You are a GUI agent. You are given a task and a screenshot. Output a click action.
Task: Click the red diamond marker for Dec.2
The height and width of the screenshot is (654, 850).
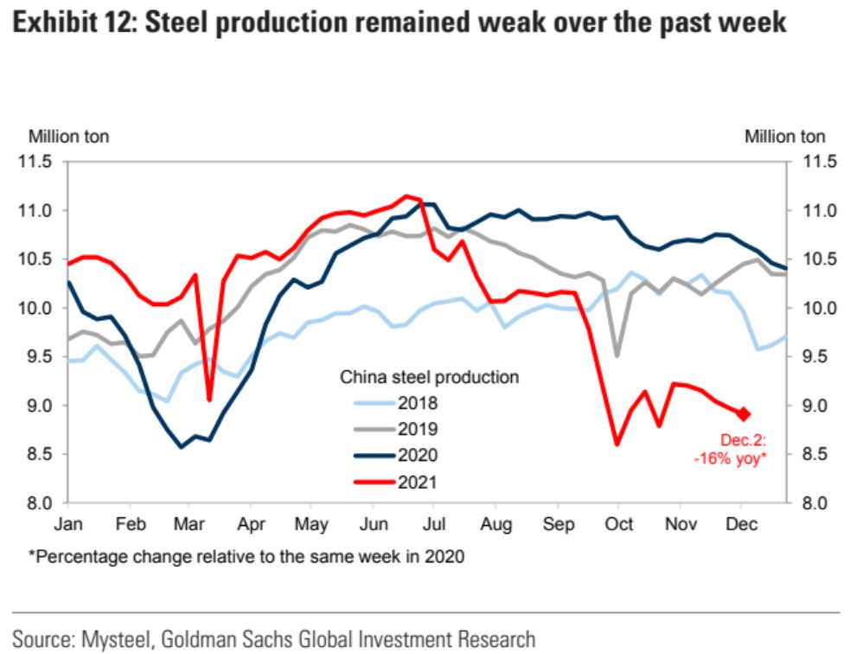(744, 414)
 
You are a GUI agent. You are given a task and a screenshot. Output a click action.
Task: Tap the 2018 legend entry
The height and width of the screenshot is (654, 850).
(418, 403)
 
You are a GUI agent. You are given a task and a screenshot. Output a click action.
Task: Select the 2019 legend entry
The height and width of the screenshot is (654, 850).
(418, 428)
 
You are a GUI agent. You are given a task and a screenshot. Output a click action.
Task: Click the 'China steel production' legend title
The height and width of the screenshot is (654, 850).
(429, 377)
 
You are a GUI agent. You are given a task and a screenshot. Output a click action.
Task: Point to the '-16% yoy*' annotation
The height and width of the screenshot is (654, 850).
(730, 458)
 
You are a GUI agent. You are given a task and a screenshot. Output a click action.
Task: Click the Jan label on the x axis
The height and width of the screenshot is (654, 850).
(68, 524)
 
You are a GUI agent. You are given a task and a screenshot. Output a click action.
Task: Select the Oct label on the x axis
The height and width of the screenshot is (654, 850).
(618, 524)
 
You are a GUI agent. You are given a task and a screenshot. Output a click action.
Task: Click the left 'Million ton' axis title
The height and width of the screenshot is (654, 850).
(69, 136)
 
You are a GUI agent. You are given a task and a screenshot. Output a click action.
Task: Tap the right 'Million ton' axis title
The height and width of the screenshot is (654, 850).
(784, 136)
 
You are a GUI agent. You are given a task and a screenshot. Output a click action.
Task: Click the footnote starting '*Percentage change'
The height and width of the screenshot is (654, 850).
(246, 557)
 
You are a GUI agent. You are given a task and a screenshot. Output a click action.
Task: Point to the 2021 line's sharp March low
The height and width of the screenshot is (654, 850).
(209, 400)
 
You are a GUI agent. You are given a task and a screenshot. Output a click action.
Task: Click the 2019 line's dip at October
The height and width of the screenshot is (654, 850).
(617, 356)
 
